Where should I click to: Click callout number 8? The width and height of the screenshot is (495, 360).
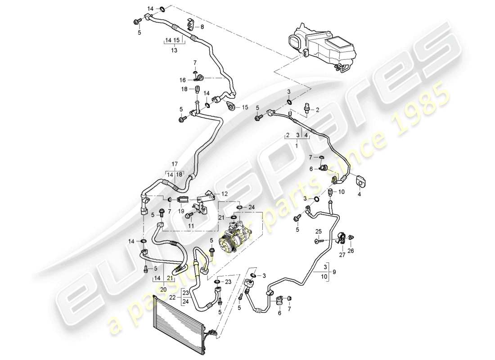pyautogui.click(x=202, y=27)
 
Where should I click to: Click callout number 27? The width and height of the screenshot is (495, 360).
pyautogui.click(x=342, y=255)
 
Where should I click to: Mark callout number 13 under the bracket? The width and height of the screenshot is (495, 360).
pyautogui.click(x=174, y=51)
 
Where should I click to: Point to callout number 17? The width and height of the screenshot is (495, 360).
pyautogui.click(x=175, y=163)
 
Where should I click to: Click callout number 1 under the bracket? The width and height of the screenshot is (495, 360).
pyautogui.click(x=296, y=146)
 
